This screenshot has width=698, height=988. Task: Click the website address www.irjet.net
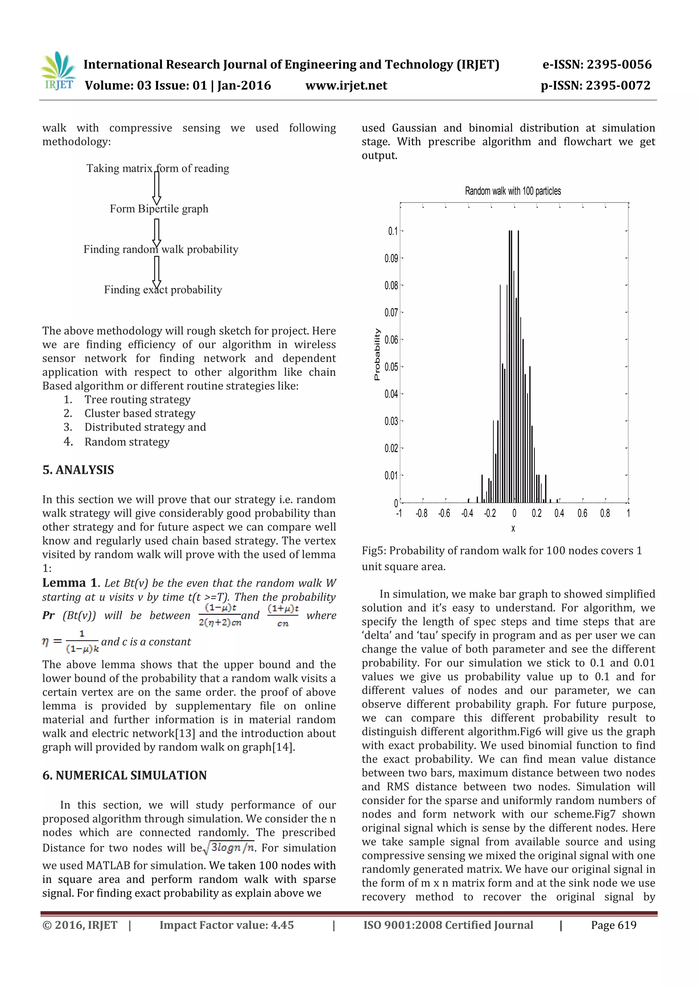tap(346, 86)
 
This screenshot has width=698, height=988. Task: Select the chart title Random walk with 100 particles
tap(513, 191)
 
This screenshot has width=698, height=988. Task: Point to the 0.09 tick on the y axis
tap(391, 259)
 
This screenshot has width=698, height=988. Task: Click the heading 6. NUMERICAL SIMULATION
tap(124, 776)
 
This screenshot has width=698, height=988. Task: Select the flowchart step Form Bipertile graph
tap(159, 209)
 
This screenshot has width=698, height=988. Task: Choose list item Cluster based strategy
tap(139, 414)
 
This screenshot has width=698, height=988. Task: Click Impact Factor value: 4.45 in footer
tap(227, 925)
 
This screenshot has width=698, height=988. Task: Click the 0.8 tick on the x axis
tap(605, 513)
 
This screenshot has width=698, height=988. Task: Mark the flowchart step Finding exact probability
tap(163, 290)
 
